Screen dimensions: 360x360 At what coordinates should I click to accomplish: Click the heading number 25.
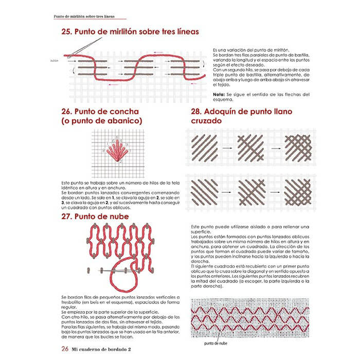(x=67, y=32)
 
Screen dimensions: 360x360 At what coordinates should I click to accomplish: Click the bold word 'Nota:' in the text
(x=219, y=95)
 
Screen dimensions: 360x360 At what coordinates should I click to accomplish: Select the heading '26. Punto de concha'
(x=101, y=111)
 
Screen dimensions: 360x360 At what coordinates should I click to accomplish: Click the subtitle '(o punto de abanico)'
(x=101, y=121)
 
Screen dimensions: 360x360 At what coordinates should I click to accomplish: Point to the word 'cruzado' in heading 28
(x=206, y=121)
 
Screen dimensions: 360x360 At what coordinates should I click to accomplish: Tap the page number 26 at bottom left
(x=65, y=349)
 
